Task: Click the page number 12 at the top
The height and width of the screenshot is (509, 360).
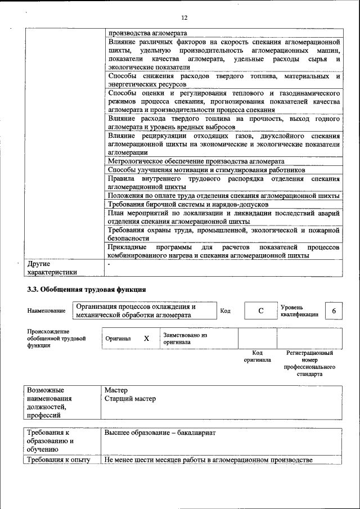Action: (x=184, y=17)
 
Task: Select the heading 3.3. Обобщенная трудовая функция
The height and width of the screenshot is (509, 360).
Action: (x=87, y=290)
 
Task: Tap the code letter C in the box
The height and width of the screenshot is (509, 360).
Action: (x=261, y=311)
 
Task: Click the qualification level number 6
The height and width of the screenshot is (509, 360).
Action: (x=334, y=311)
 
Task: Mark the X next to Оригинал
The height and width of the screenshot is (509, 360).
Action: (x=146, y=339)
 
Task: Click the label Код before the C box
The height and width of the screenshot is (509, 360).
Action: (x=225, y=311)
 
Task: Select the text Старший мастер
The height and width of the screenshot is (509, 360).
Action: (x=130, y=399)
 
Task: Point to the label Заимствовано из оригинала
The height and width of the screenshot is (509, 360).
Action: (x=186, y=338)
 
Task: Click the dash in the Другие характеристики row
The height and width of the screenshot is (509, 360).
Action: (x=109, y=263)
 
